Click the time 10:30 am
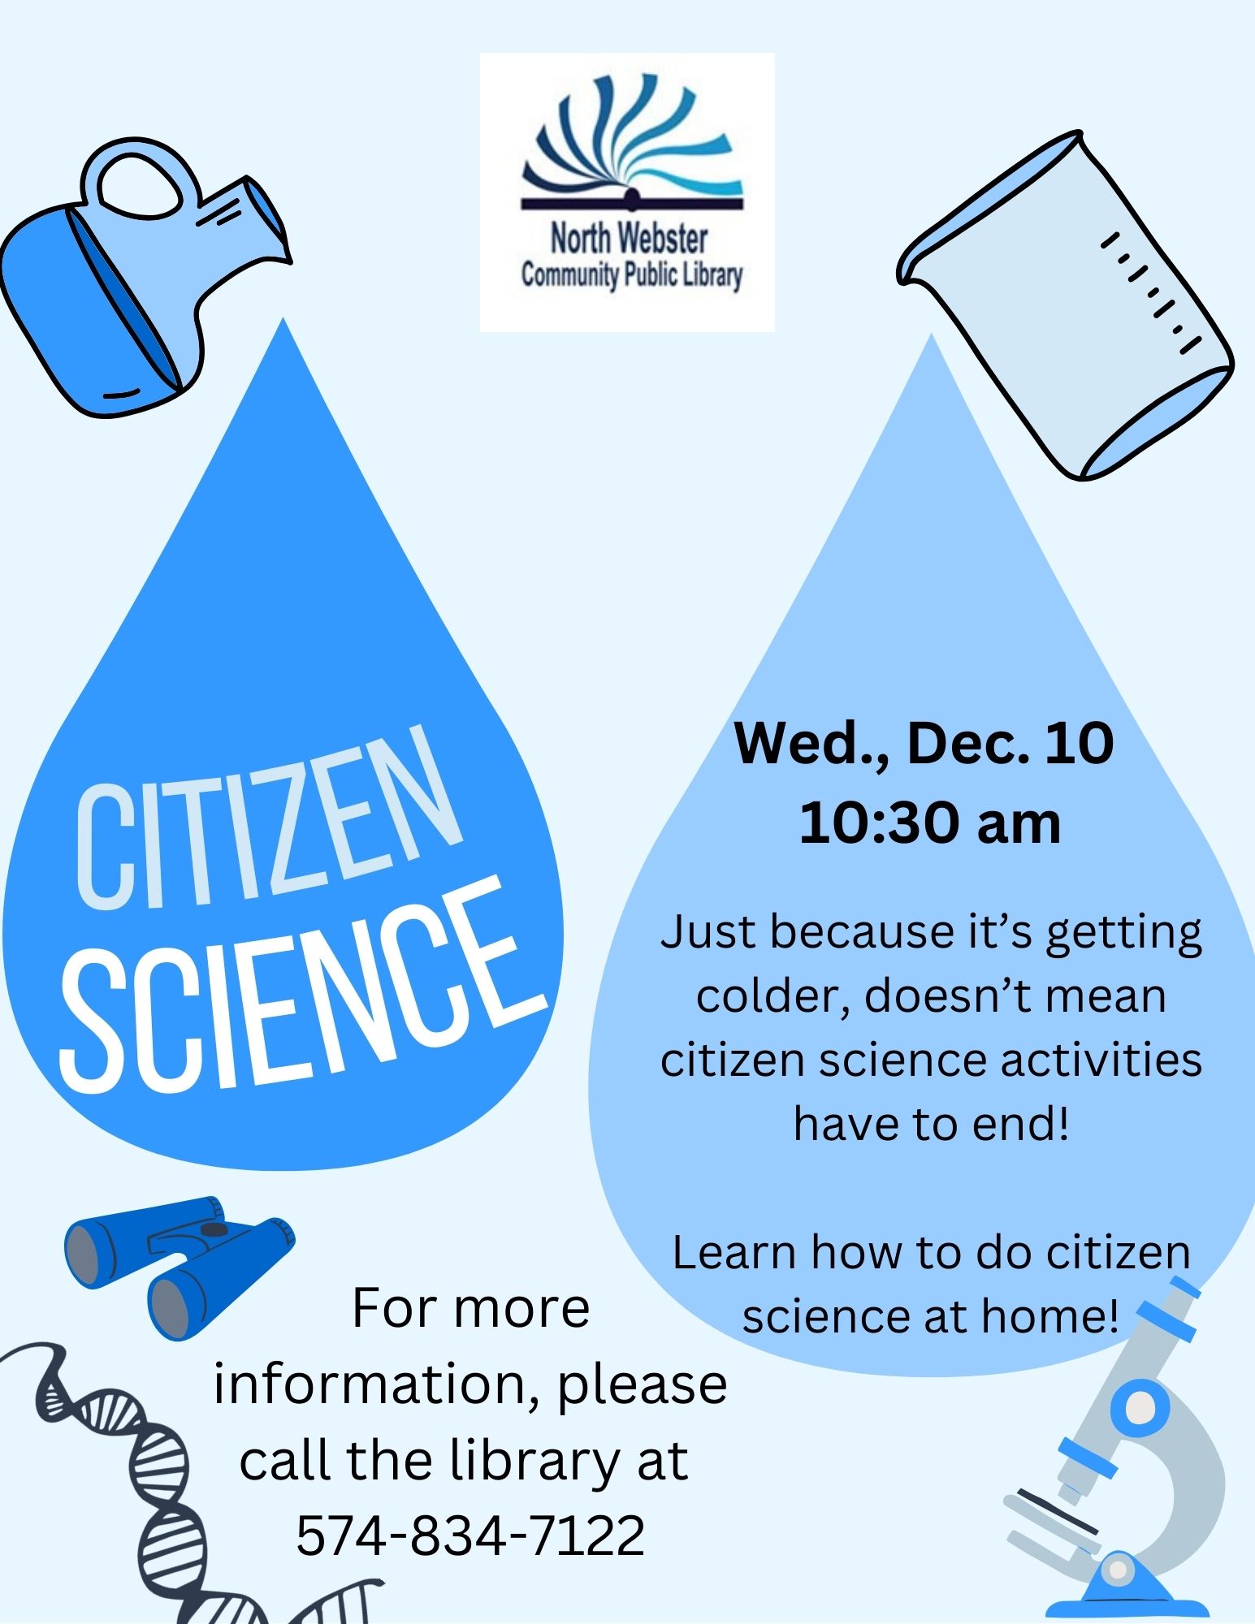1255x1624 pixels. tap(930, 823)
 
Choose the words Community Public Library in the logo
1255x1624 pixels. tap(631, 276)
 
